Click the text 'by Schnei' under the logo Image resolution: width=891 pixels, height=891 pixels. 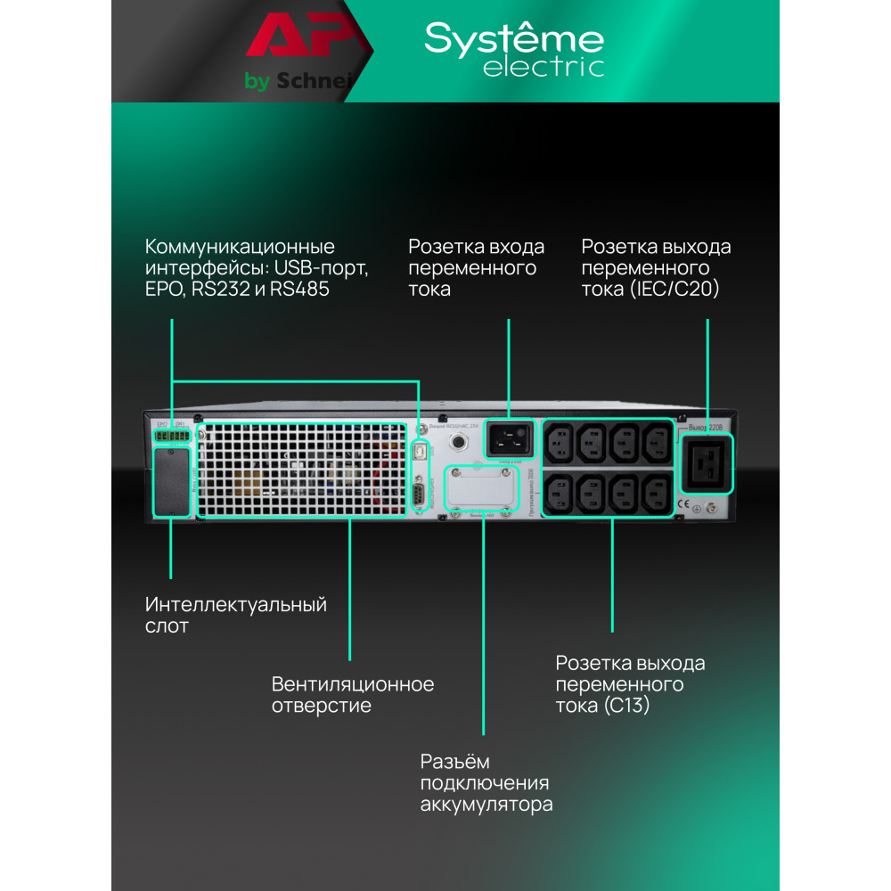pyautogui.click(x=299, y=82)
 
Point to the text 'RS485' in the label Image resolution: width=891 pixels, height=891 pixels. pyautogui.click(x=290, y=290)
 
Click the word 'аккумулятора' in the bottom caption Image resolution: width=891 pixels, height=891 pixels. pyautogui.click(x=486, y=805)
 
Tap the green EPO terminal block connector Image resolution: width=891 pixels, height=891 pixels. pyautogui.click(x=171, y=437)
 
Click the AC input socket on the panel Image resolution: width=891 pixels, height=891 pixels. pyautogui.click(x=509, y=437)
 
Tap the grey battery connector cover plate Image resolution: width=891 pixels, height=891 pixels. pyautogui.click(x=482, y=489)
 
